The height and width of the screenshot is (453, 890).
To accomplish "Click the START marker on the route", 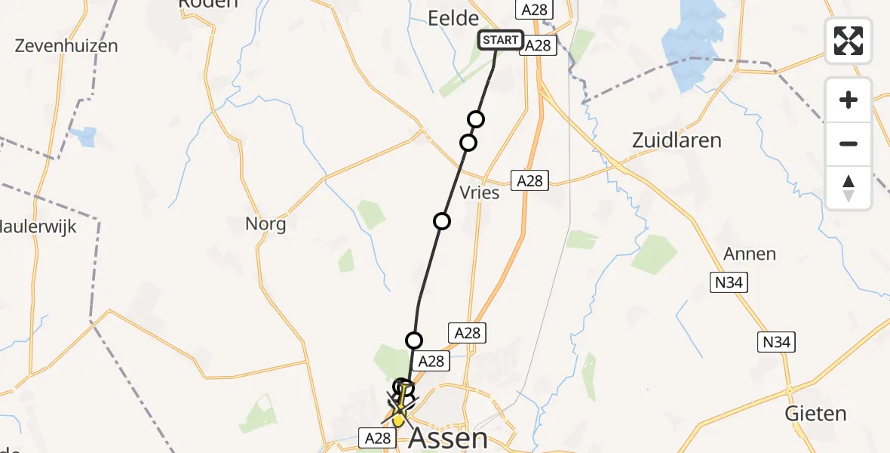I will pos(499,40).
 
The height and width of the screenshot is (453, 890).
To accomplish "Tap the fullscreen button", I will pos(849,40).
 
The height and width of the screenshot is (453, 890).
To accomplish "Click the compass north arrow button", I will pos(849,188).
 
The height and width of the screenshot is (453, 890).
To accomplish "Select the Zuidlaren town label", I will pos(677,140).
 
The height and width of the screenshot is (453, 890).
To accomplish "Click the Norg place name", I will pos(265,223).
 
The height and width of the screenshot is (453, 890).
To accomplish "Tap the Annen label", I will pos(750,254).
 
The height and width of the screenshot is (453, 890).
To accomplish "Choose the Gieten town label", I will pos(815,414).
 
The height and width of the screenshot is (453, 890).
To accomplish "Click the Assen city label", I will pos(447,438).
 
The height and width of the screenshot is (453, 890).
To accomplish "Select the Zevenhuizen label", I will pos(66,46).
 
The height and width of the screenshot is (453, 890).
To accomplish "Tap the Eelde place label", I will pos(454,17).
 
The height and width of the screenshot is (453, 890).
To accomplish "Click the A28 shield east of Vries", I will pos(529,180).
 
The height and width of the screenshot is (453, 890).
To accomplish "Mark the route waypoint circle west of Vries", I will pos(442,221).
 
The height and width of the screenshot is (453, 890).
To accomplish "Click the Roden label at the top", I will pos(207,4).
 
